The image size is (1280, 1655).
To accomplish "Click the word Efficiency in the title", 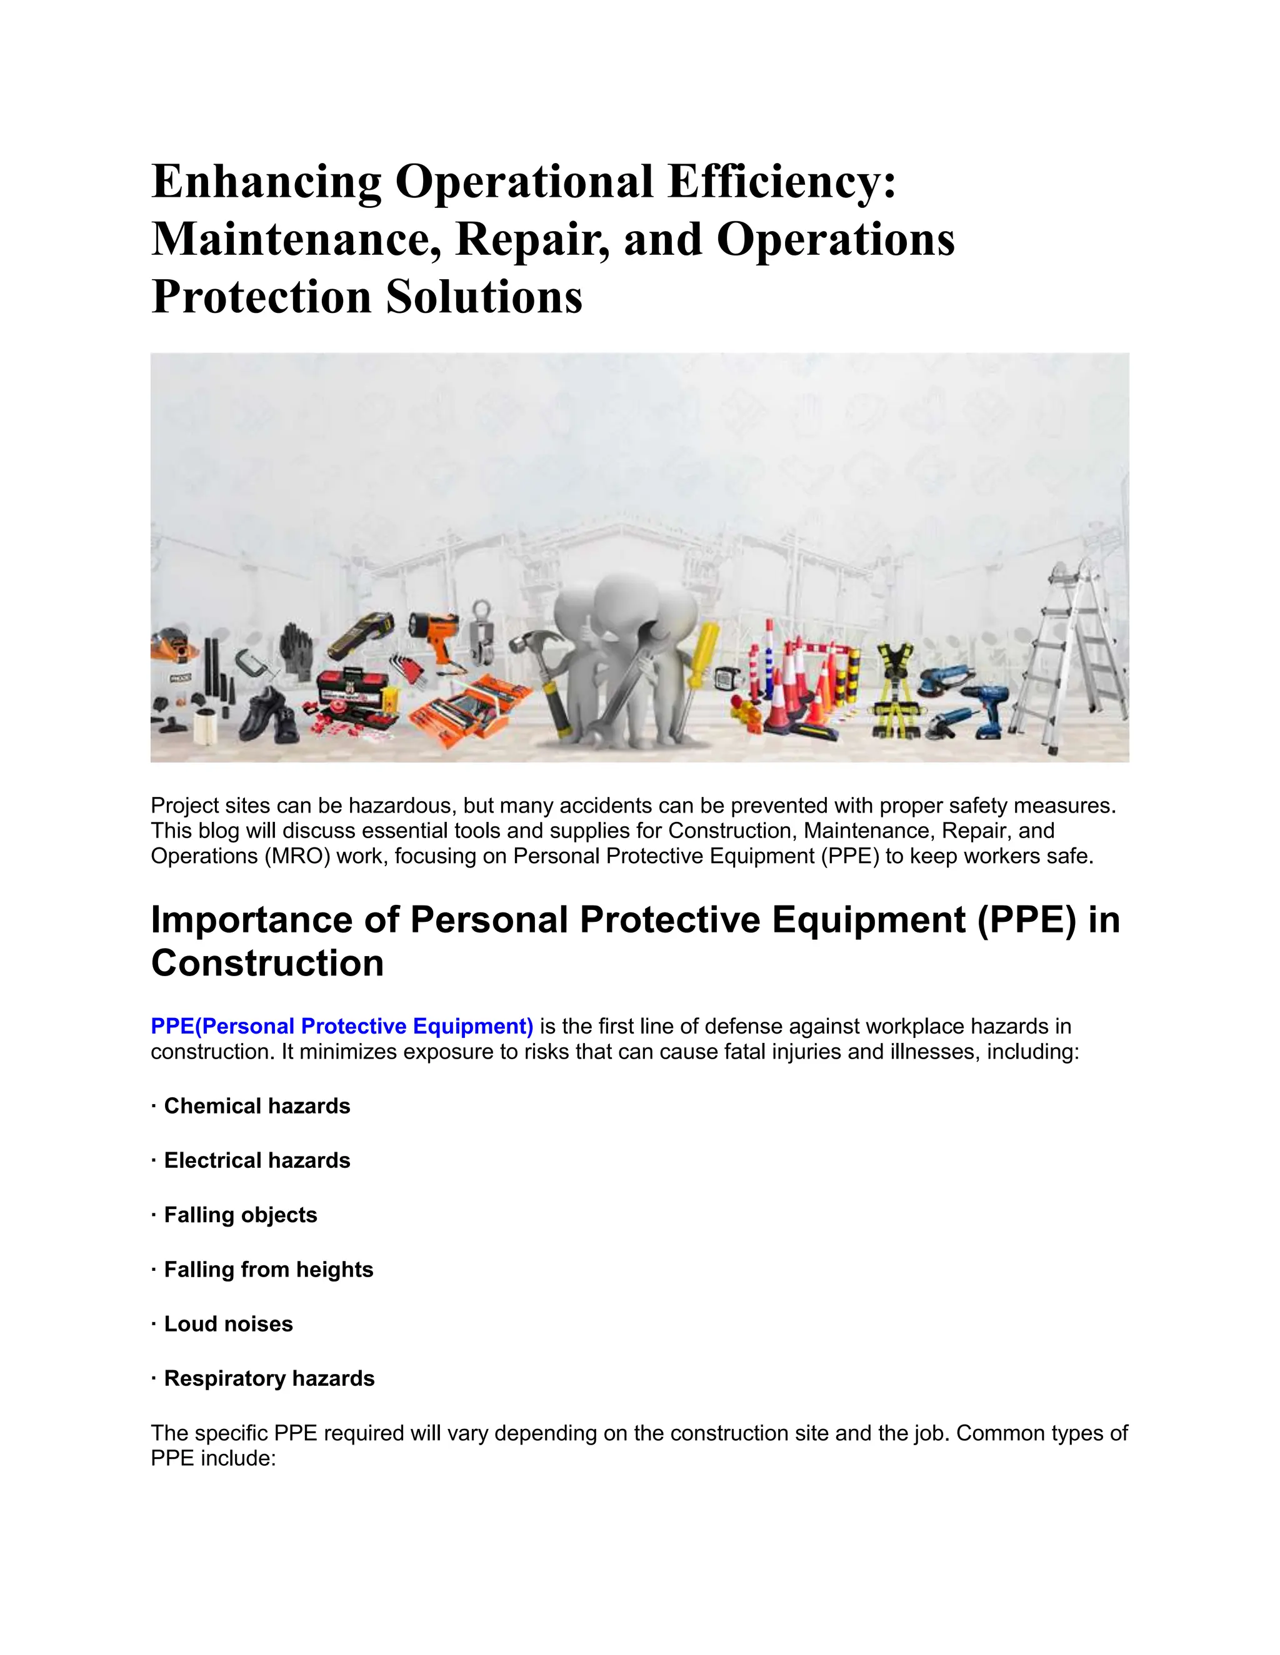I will pyautogui.click(x=781, y=182).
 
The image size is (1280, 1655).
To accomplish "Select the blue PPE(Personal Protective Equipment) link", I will pyautogui.click(x=342, y=1026).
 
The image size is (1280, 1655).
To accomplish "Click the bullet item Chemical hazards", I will pyautogui.click(x=257, y=1107).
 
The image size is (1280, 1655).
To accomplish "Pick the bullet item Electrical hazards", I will pyautogui.click(x=257, y=1160).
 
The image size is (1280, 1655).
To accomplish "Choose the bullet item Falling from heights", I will pyautogui.click(x=268, y=1269).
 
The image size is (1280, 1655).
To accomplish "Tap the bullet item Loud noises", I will pyautogui.click(x=228, y=1324).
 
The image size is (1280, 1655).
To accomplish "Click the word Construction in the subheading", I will pyautogui.click(x=267, y=963).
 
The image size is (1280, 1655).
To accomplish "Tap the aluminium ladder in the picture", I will pyautogui.click(x=1069, y=660).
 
